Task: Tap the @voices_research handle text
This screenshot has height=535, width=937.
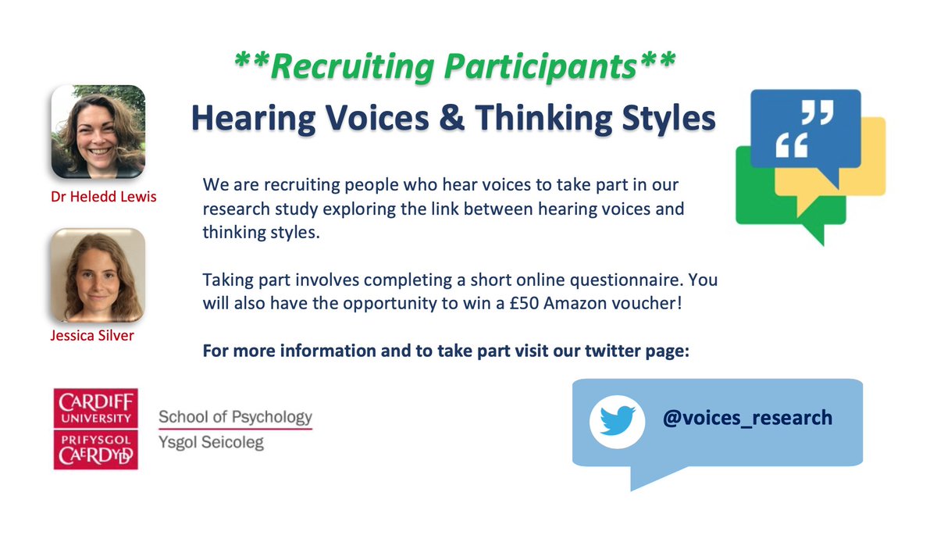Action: (747, 418)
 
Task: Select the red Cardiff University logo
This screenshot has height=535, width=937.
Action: (96, 429)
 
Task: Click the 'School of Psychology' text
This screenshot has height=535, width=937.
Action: (235, 417)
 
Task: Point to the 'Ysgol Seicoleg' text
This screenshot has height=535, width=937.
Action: (211, 443)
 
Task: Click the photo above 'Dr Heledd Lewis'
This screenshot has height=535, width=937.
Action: (98, 132)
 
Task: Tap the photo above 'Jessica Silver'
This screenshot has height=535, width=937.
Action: (98, 275)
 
